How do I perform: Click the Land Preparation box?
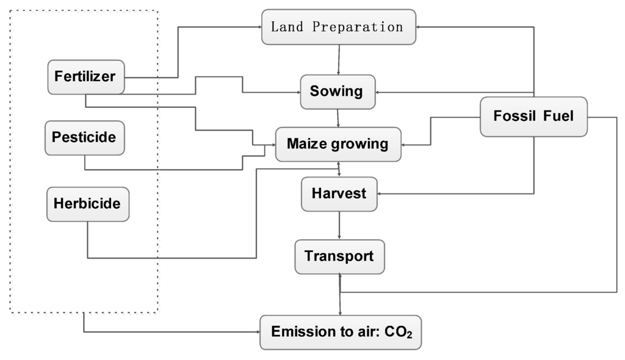(339, 27)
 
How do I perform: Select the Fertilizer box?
(86, 77)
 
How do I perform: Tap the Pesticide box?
(84, 137)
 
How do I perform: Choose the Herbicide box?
(87, 204)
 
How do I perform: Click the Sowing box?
(337, 92)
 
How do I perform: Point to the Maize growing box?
(338, 144)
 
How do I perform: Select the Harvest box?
(339, 193)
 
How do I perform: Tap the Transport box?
(339, 256)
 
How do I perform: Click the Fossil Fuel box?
(533, 116)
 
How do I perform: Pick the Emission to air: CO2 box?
(340, 332)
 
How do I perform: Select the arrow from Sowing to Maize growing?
(338, 118)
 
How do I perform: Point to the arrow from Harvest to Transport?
(339, 225)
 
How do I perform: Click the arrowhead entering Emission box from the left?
(257, 333)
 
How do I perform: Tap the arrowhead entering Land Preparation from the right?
(420, 27)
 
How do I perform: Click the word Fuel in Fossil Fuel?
(557, 116)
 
